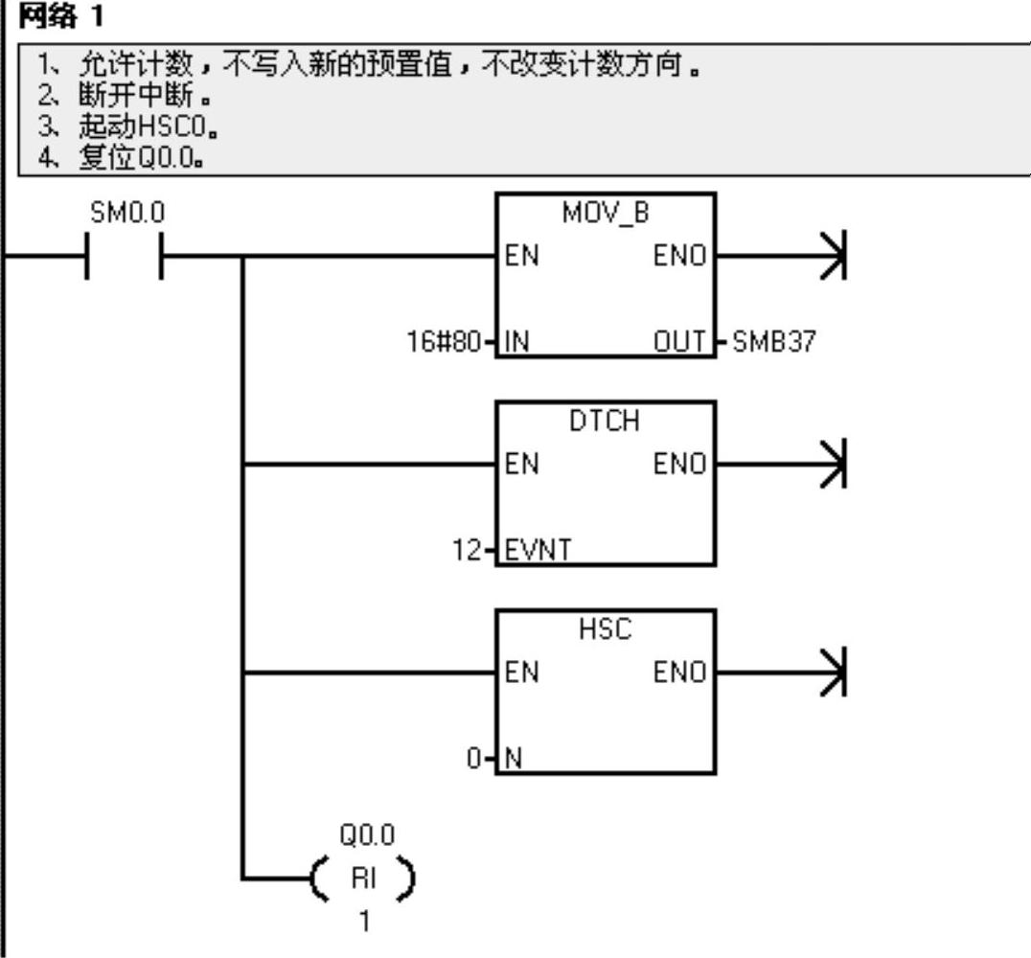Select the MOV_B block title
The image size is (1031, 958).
coord(605,214)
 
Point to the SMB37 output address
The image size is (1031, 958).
coord(773,342)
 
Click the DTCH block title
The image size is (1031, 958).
coord(605,422)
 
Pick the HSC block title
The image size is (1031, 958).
coord(605,630)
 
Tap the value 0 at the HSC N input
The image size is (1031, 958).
coord(474,758)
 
